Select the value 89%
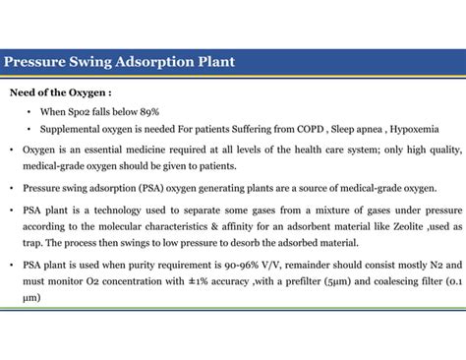147,112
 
